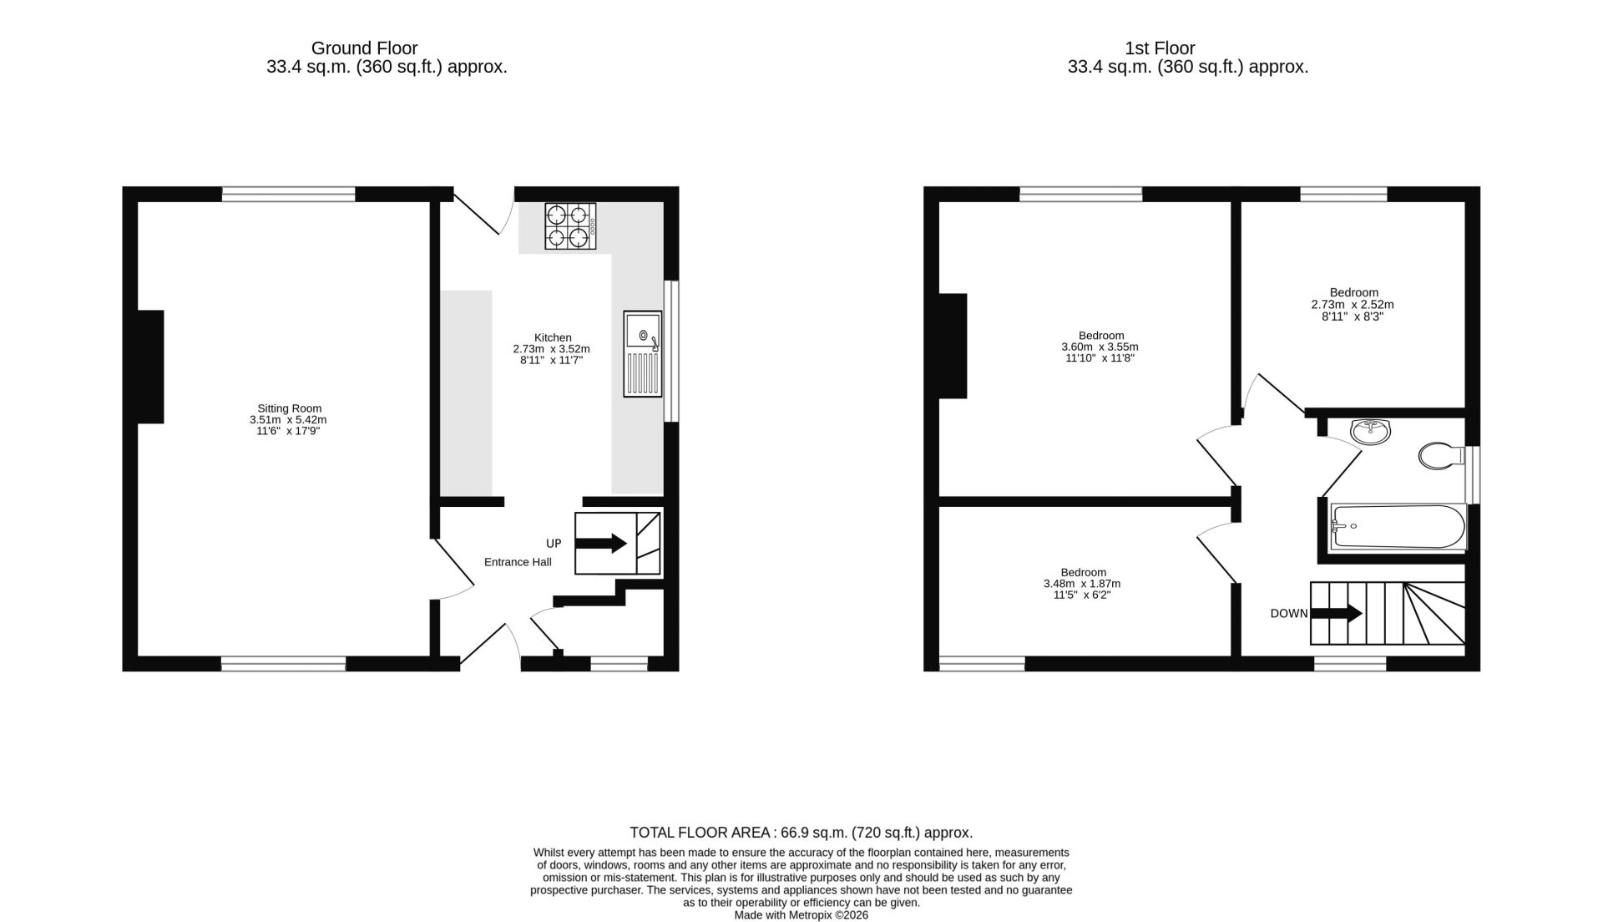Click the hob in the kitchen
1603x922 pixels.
[x=571, y=226]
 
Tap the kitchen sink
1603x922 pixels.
[x=642, y=354]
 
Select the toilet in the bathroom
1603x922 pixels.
[x=1442, y=456]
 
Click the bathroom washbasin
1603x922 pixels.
[x=1371, y=431]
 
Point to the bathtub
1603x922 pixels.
[x=1398, y=527]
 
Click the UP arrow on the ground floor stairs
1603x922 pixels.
[x=601, y=544]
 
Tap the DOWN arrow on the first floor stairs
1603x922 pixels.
[x=1337, y=614]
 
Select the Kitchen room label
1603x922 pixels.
[x=553, y=337]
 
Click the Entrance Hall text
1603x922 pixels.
[x=518, y=562]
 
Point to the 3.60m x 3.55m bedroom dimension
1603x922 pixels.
[x=1100, y=347]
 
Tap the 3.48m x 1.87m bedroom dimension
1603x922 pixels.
[x=1082, y=584]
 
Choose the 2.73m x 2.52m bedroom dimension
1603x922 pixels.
[x=1353, y=305]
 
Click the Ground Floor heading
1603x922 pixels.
[x=364, y=48]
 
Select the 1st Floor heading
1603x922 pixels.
[x=1160, y=48]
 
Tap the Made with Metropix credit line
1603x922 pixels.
[x=801, y=915]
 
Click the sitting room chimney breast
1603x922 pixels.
[x=151, y=367]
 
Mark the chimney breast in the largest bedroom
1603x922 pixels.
[x=953, y=346]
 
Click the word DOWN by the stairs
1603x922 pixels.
[x=1289, y=614]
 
